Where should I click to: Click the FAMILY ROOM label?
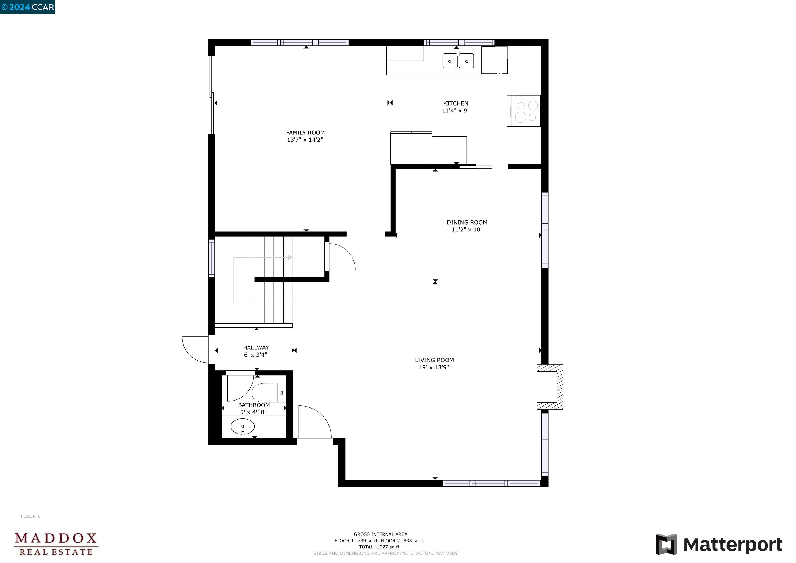(x=305, y=133)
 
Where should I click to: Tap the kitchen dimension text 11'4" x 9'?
(x=455, y=111)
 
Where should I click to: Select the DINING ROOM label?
(x=467, y=222)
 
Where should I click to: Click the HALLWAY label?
(x=256, y=347)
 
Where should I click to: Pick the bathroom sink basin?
(x=242, y=426)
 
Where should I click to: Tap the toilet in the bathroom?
(x=268, y=393)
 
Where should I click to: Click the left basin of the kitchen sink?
(x=450, y=61)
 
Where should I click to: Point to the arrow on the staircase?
(x=290, y=257)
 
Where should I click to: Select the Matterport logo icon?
(x=666, y=544)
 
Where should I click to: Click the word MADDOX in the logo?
(x=56, y=538)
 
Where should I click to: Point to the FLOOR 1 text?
(x=30, y=516)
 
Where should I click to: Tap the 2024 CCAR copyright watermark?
(x=28, y=7)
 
